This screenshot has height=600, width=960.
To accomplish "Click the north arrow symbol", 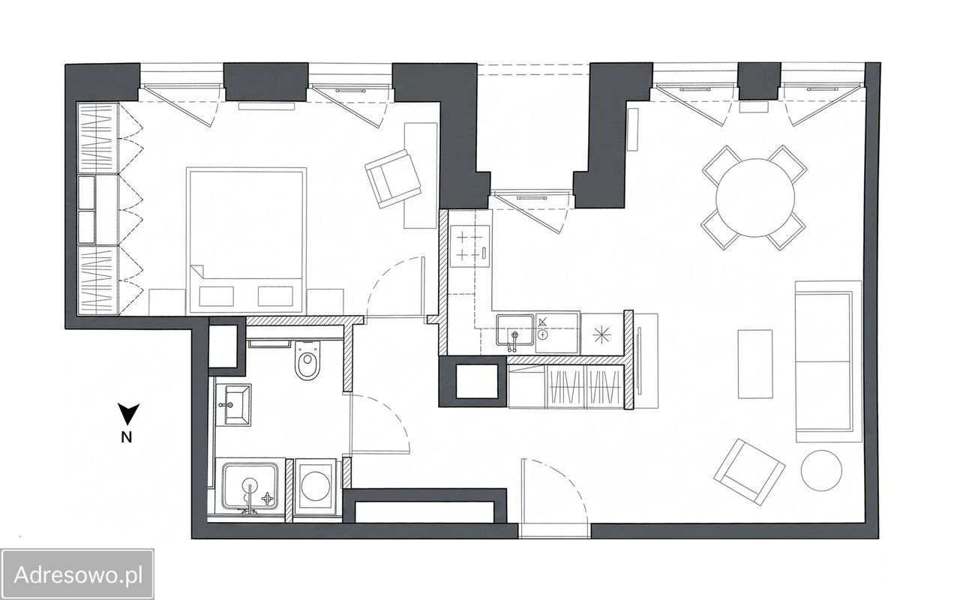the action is tap(128, 414).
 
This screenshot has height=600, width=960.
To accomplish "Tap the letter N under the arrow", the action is tap(127, 437).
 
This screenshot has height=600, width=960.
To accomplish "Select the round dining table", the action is tap(755, 197).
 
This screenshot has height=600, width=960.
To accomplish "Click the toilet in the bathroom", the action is tap(307, 360).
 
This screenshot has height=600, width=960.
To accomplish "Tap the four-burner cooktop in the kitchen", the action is tap(469, 247).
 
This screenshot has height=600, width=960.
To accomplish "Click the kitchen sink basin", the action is tap(514, 330).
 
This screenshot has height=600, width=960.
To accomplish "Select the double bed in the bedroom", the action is tap(247, 240).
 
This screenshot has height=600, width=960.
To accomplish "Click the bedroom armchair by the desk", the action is tap(393, 178).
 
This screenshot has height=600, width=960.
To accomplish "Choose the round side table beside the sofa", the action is tap(821, 470).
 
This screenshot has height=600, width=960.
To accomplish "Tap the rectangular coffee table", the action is tap(755, 364).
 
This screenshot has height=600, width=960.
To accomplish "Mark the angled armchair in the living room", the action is tap(749, 472).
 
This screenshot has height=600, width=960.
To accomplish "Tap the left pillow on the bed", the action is tap(217, 296).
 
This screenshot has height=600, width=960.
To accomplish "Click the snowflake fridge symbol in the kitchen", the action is tap(601, 334).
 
